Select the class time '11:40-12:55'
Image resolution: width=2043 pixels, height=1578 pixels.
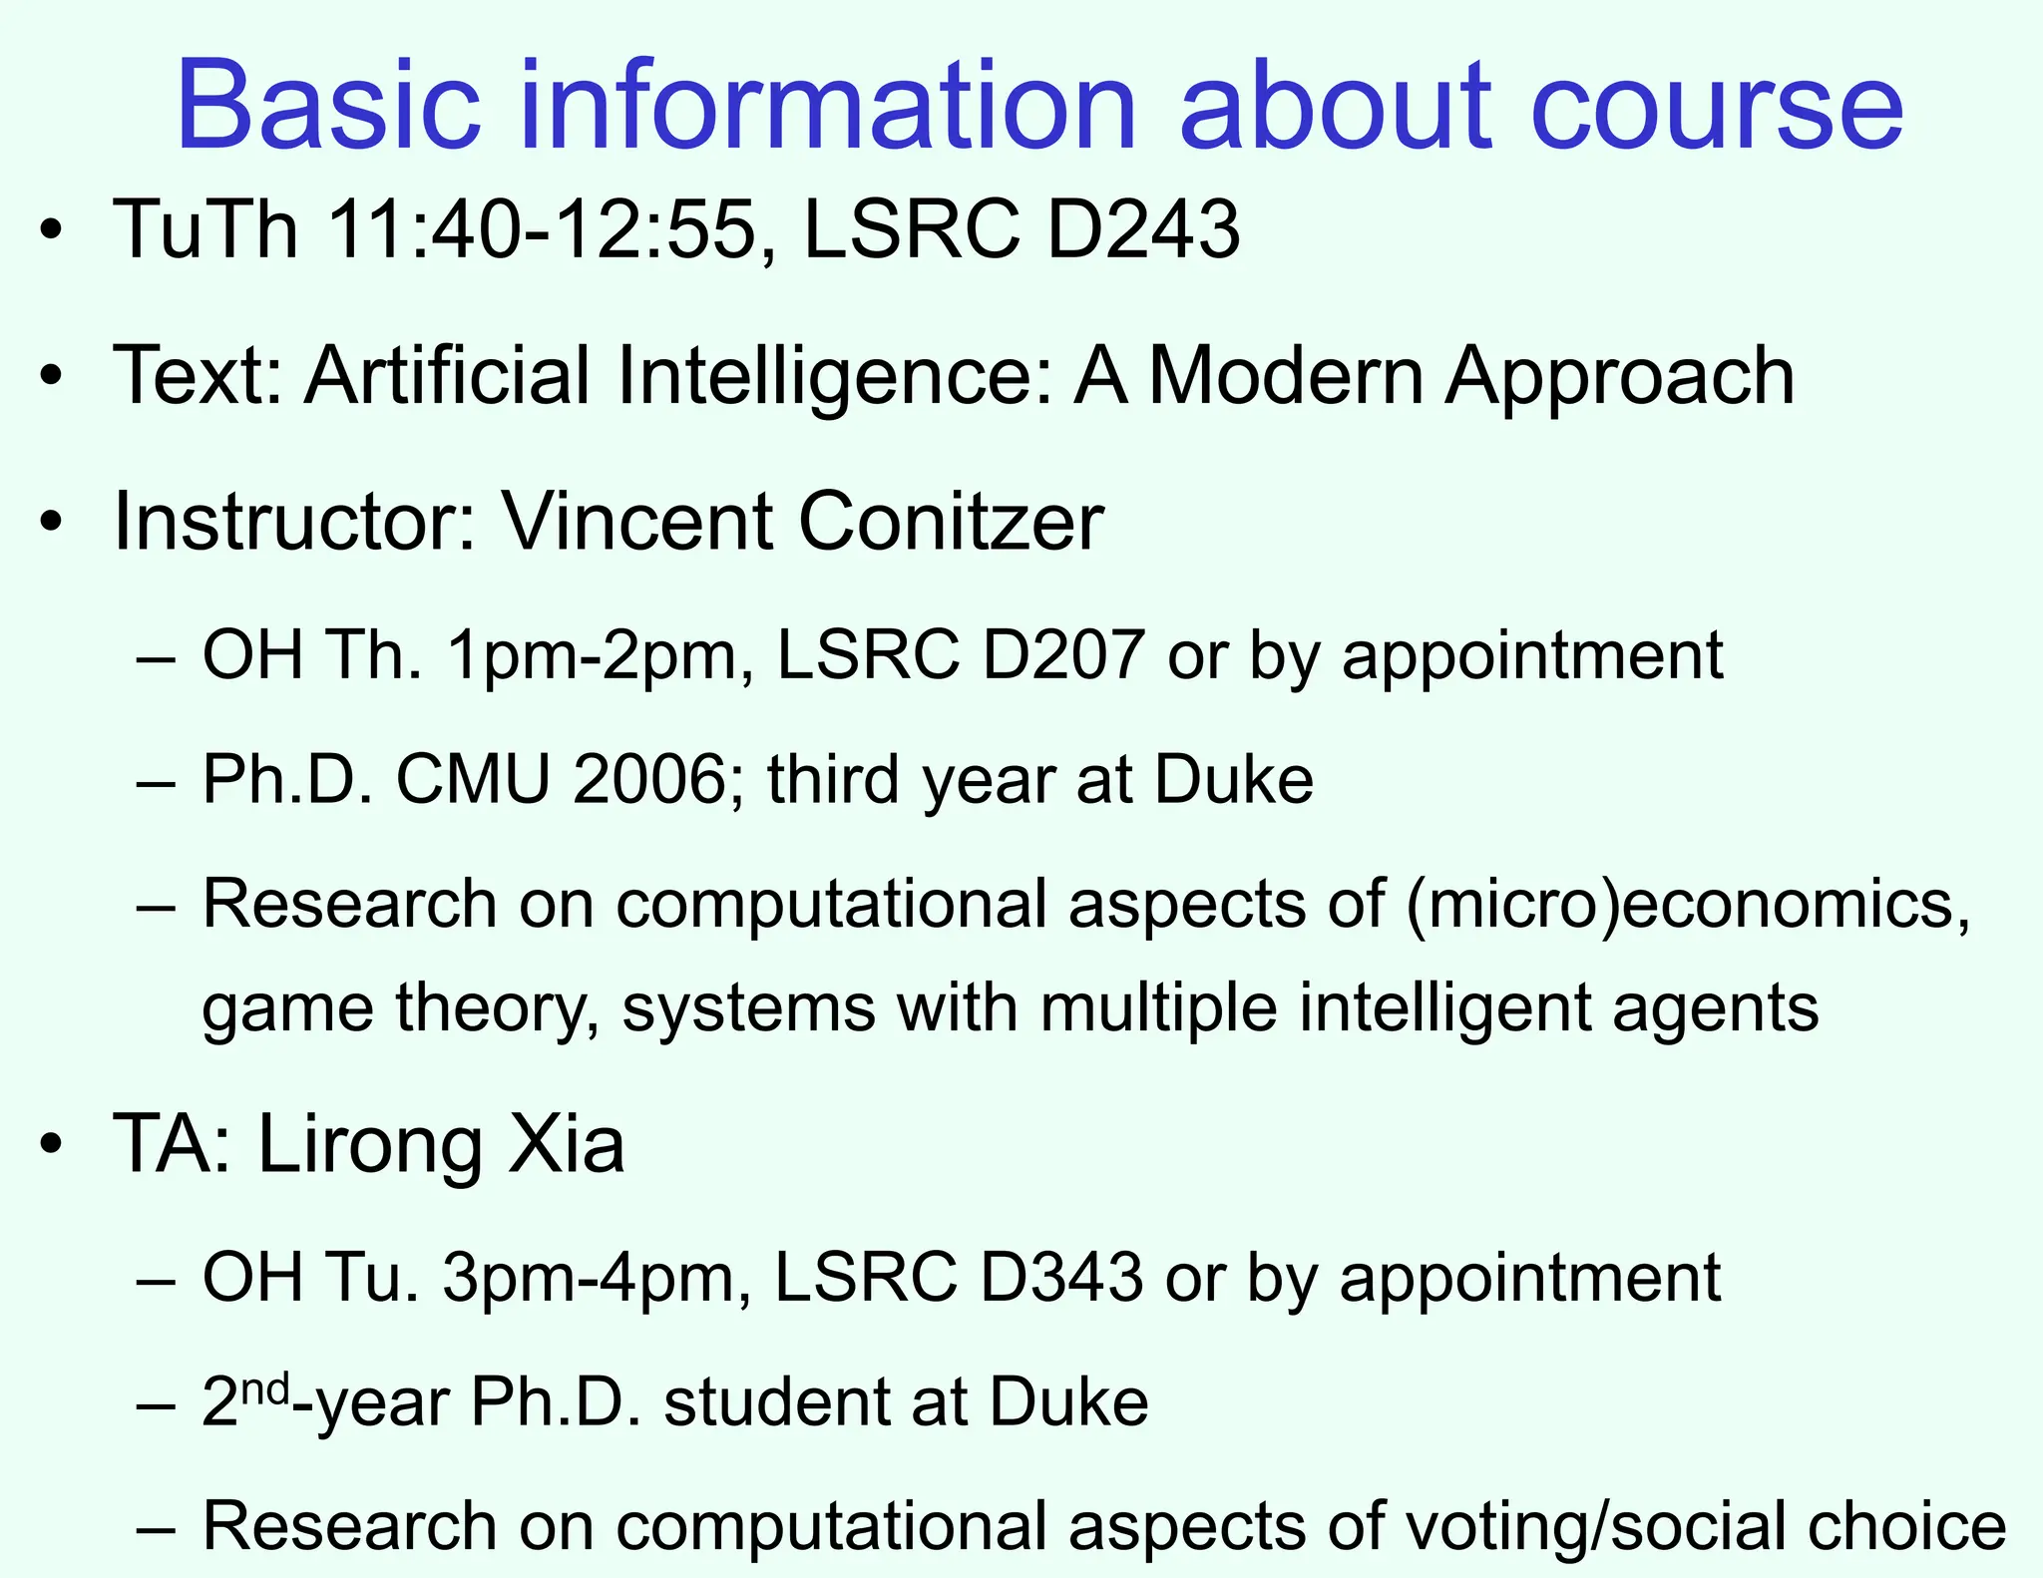(x=542, y=229)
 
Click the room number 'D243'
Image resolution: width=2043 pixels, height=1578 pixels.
(x=1143, y=229)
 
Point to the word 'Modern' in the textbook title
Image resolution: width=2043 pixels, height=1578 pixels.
(x=1287, y=376)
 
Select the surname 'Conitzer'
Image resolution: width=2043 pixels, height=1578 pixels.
(x=951, y=522)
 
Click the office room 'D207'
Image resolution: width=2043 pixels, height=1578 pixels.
(x=1062, y=655)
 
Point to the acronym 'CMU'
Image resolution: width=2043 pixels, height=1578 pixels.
(x=473, y=779)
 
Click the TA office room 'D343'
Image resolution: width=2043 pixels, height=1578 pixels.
(x=1060, y=1278)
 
